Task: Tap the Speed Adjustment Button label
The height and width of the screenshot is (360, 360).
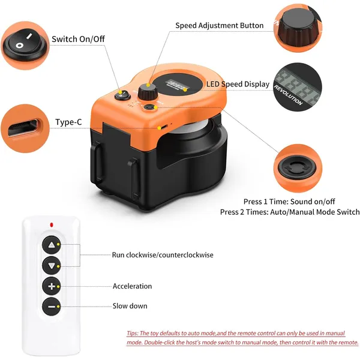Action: click(x=219, y=26)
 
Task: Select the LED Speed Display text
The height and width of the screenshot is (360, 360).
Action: click(x=238, y=85)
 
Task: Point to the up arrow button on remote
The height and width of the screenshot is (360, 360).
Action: click(x=52, y=245)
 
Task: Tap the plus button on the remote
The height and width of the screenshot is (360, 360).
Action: click(x=52, y=286)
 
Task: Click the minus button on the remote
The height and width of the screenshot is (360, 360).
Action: click(x=52, y=307)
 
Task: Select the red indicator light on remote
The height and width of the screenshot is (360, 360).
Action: click(x=52, y=225)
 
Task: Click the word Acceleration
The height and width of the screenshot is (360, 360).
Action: click(x=132, y=286)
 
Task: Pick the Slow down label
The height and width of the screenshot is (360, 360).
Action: click(x=130, y=306)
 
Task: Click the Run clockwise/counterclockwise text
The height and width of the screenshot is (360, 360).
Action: click(x=162, y=255)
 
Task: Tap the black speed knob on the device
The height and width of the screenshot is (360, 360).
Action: click(x=146, y=92)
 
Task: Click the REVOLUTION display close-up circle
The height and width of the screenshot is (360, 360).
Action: click(x=299, y=88)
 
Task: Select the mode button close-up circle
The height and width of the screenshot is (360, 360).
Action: click(x=301, y=169)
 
